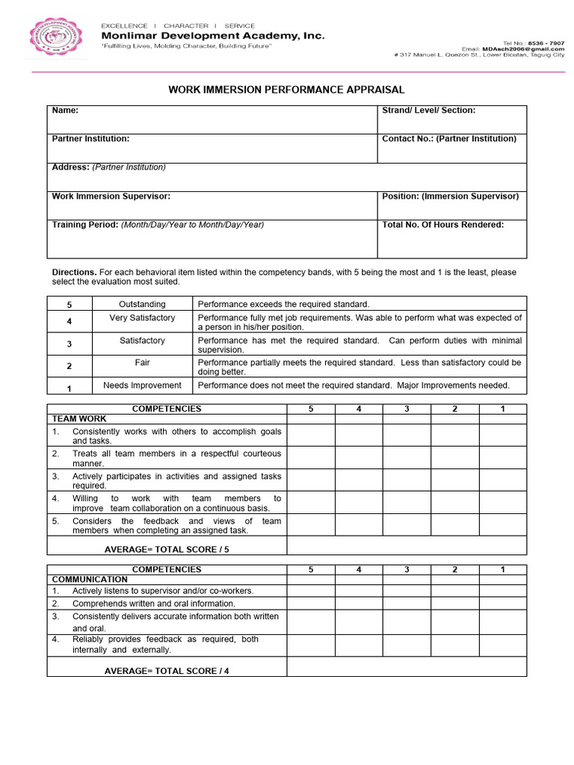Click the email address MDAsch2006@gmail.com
pos(531,49)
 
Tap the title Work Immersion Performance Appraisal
pos(287,90)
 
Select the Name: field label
pos(65,111)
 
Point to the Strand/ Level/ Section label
pos(428,111)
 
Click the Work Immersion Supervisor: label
pos(111,196)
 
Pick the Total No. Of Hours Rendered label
pos(442,225)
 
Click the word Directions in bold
pos(74,273)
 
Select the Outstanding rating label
pos(142,304)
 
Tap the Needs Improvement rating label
pos(142,385)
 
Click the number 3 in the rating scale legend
pos(70,344)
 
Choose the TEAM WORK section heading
pos(79,419)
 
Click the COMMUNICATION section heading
pos(90,579)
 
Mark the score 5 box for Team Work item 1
pos(311,436)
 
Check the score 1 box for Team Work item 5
pos(502,525)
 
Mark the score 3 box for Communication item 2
pos(407,604)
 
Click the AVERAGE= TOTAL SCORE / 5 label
pos(167,549)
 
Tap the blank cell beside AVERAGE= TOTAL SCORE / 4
pos(407,666)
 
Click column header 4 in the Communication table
pos(359,569)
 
